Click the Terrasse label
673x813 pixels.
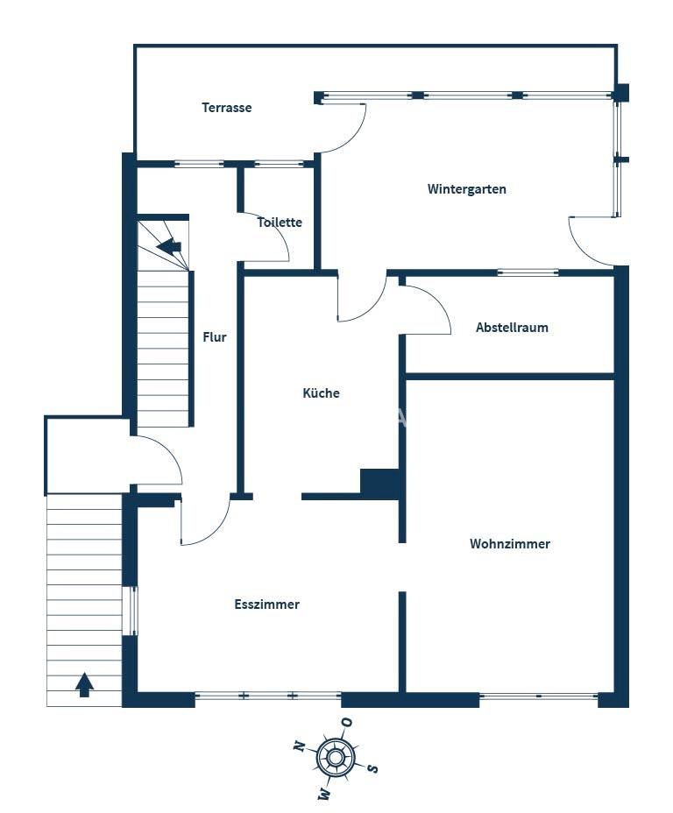227,108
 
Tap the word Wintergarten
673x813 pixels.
467,189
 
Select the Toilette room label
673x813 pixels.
280,222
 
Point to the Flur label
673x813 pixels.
215,337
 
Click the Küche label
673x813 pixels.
321,392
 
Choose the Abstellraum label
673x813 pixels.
512,327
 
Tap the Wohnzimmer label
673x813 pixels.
510,543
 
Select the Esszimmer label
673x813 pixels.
266,604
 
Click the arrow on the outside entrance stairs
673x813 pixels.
84,684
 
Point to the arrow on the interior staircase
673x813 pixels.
169,246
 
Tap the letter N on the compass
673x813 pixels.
299,746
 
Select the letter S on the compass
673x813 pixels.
372,768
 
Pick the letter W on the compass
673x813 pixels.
324,793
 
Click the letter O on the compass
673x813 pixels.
347,722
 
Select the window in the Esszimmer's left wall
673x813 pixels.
131,611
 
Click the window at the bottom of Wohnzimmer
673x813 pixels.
539,696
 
